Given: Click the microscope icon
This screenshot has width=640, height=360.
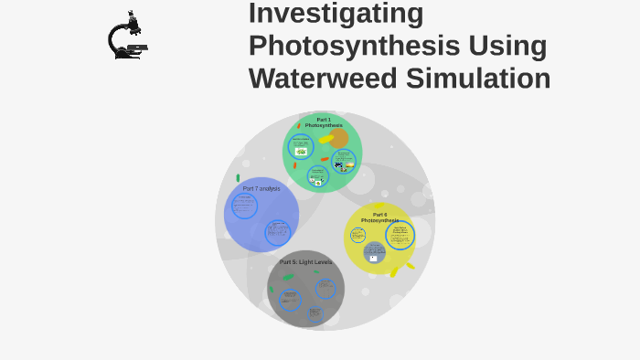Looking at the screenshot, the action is coord(126,37).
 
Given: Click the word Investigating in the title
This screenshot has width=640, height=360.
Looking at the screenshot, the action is coord(336,14).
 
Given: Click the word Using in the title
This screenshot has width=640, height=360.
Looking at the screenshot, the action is coord(507,46).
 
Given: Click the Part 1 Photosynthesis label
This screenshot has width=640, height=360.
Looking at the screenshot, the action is coord(324,122).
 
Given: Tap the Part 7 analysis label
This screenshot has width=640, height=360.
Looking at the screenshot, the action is coord(261,188).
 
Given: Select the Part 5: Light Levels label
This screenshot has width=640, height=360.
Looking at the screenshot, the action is coord(305,262).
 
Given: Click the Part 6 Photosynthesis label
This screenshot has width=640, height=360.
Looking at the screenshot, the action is coord(379,217).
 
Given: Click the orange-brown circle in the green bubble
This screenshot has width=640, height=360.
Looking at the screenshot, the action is coord(338,138).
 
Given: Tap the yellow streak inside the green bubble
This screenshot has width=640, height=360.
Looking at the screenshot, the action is coord(326,139).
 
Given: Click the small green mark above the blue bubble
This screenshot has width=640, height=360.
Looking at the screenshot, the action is coord(238,178).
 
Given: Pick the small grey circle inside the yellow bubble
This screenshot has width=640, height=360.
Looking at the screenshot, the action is coord(374,251).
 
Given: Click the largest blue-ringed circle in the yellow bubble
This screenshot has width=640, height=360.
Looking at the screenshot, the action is coord(400,236).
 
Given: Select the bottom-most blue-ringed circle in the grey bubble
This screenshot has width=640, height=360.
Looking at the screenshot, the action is coord(315,313).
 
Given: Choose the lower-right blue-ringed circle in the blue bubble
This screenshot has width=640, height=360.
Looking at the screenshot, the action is coord(276,232).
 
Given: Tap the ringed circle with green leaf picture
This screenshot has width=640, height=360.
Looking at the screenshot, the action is coord(301,146).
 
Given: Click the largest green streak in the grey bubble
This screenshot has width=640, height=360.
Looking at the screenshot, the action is coord(288,277).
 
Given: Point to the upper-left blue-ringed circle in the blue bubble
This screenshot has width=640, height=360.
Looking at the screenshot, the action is coord(245,206).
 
